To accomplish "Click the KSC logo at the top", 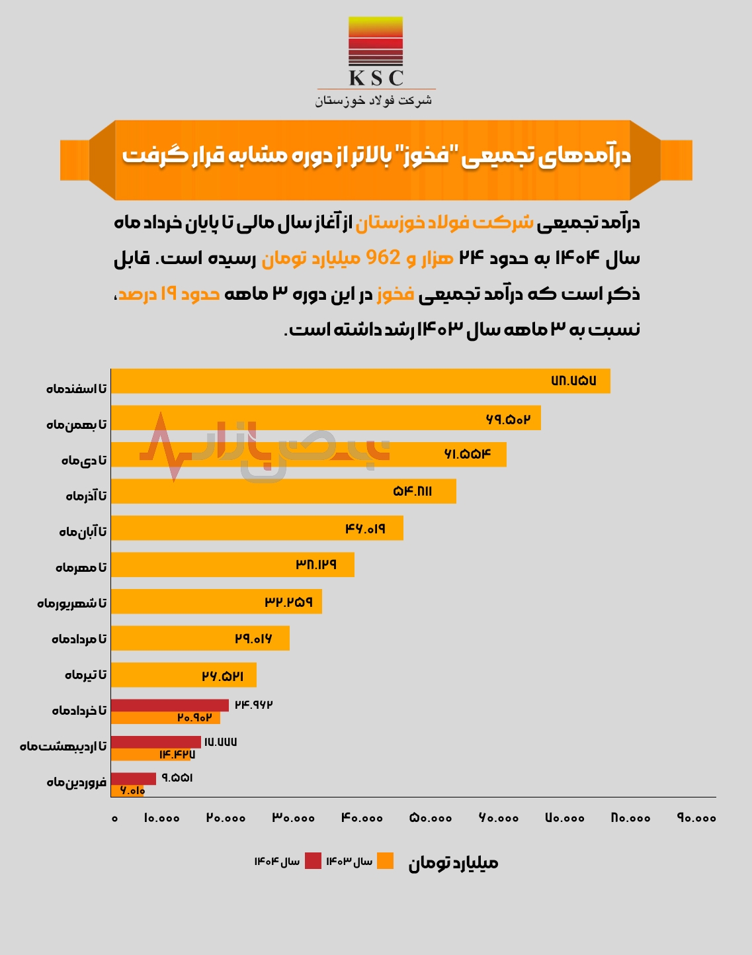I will pyautogui.click(x=376, y=53).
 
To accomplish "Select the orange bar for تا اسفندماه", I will pyautogui.click(x=360, y=381).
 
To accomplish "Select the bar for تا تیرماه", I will pyautogui.click(x=183, y=675).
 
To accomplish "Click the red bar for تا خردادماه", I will pyautogui.click(x=169, y=705).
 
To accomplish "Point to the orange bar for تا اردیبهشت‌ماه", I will pyautogui.click(x=150, y=754).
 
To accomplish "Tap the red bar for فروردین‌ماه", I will pyautogui.click(x=133, y=779).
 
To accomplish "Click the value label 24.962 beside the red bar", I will pyautogui.click(x=254, y=705).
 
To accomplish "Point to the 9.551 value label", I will pyautogui.click(x=177, y=778).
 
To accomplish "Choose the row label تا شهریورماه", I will pyautogui.click(x=71, y=604).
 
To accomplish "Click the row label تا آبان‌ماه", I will pyautogui.click(x=83, y=532).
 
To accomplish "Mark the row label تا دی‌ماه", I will pyautogui.click(x=84, y=461).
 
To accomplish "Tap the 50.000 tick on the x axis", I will pyautogui.click(x=431, y=819).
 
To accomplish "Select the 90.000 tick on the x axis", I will pyautogui.click(x=696, y=819).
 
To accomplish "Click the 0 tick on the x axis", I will pyautogui.click(x=114, y=819).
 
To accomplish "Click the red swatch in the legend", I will pyautogui.click(x=313, y=861).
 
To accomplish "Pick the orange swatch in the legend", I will pyautogui.click(x=385, y=861).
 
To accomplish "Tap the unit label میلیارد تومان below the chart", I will pyautogui.click(x=453, y=863).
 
